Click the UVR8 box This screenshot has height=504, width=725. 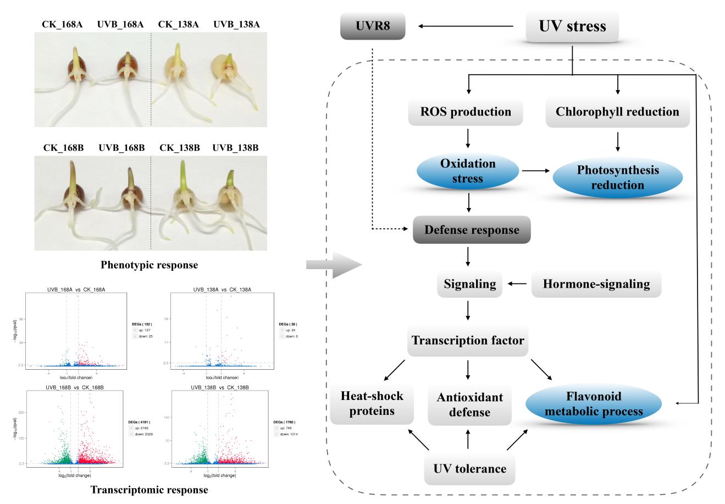coord(373,26)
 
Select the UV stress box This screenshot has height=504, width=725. coord(572,26)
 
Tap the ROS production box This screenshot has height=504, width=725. coord(466,112)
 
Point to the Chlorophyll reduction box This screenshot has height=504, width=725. coord(617,112)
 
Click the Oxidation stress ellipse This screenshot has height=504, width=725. coord(468,171)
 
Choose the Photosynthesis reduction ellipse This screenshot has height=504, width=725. coord(617,178)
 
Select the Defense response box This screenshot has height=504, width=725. coord(472,230)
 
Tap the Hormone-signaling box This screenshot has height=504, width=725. coord(596,284)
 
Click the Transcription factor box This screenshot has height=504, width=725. coord(468,341)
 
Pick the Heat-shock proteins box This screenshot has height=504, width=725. coord(372,404)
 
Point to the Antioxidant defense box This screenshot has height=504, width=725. coord(469,405)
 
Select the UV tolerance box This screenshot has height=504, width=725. coord(469,469)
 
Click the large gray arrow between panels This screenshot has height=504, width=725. coord(333,265)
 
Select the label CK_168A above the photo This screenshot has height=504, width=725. coord(62,24)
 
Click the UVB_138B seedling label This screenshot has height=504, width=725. coord(235,148)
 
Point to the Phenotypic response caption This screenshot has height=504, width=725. coord(149,265)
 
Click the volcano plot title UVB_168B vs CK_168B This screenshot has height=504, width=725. coord(74,388)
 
